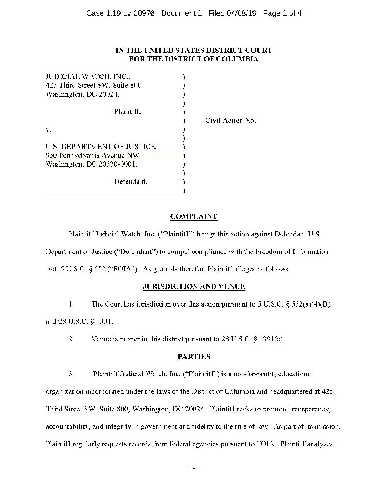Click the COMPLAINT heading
(194, 216)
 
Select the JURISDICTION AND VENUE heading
(194, 286)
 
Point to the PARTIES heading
(194, 357)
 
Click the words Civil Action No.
(230, 121)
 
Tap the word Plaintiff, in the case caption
(127, 112)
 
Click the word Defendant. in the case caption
(131, 181)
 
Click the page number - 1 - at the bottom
(194, 466)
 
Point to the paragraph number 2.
(71, 339)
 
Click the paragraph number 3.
(71, 374)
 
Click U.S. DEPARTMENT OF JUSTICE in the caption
(101, 147)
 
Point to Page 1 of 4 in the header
(282, 14)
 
